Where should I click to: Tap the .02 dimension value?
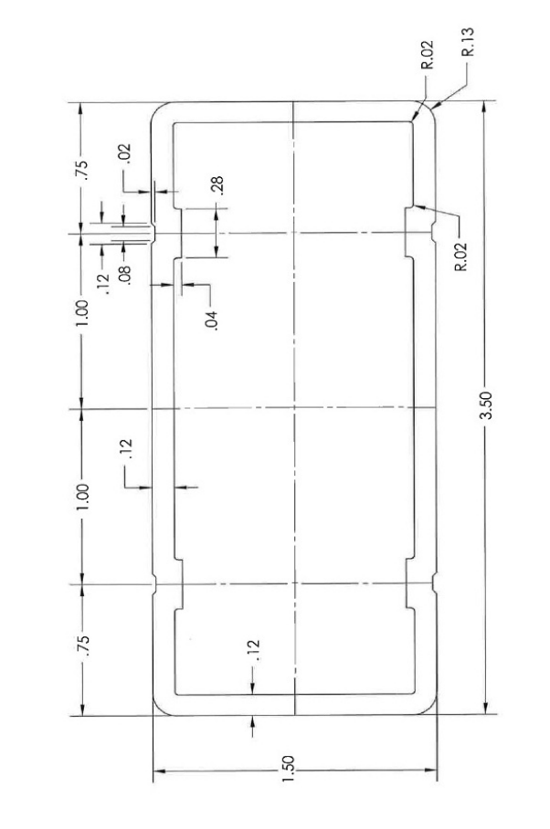[125, 152]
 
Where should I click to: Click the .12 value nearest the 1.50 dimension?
[256, 649]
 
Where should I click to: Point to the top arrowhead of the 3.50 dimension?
[485, 106]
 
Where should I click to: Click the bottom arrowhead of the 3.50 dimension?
[485, 709]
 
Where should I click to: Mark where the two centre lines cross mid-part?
[294, 408]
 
